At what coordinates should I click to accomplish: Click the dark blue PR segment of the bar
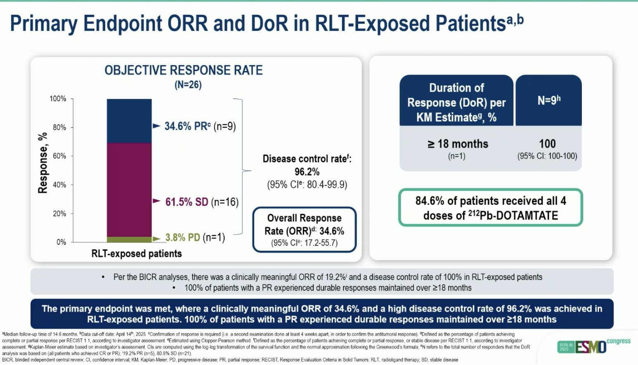pyautogui.click(x=129, y=121)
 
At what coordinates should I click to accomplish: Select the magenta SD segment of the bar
pyautogui.click(x=129, y=190)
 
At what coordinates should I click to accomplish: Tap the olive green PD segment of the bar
pyautogui.click(x=129, y=239)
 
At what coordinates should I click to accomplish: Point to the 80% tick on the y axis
pyautogui.click(x=59, y=128)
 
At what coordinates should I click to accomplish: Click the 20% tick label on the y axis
pyautogui.click(x=59, y=214)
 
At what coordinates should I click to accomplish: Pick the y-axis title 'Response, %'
pyautogui.click(x=43, y=163)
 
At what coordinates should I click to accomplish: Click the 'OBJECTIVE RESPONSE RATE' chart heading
pyautogui.click(x=183, y=71)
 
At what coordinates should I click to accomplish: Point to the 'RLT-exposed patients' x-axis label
pyautogui.click(x=136, y=254)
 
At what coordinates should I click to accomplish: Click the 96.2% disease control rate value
pyautogui.click(x=307, y=172)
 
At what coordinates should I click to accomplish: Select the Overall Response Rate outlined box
pyautogui.click(x=304, y=230)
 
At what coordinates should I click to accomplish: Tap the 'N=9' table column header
pyautogui.click(x=548, y=100)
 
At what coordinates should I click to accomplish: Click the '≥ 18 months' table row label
pyautogui.click(x=457, y=144)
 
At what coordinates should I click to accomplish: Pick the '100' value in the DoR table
pyautogui.click(x=547, y=144)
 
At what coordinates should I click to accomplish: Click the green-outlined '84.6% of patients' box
pyautogui.click(x=490, y=208)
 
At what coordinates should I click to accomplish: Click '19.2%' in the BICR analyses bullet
pyautogui.click(x=336, y=277)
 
